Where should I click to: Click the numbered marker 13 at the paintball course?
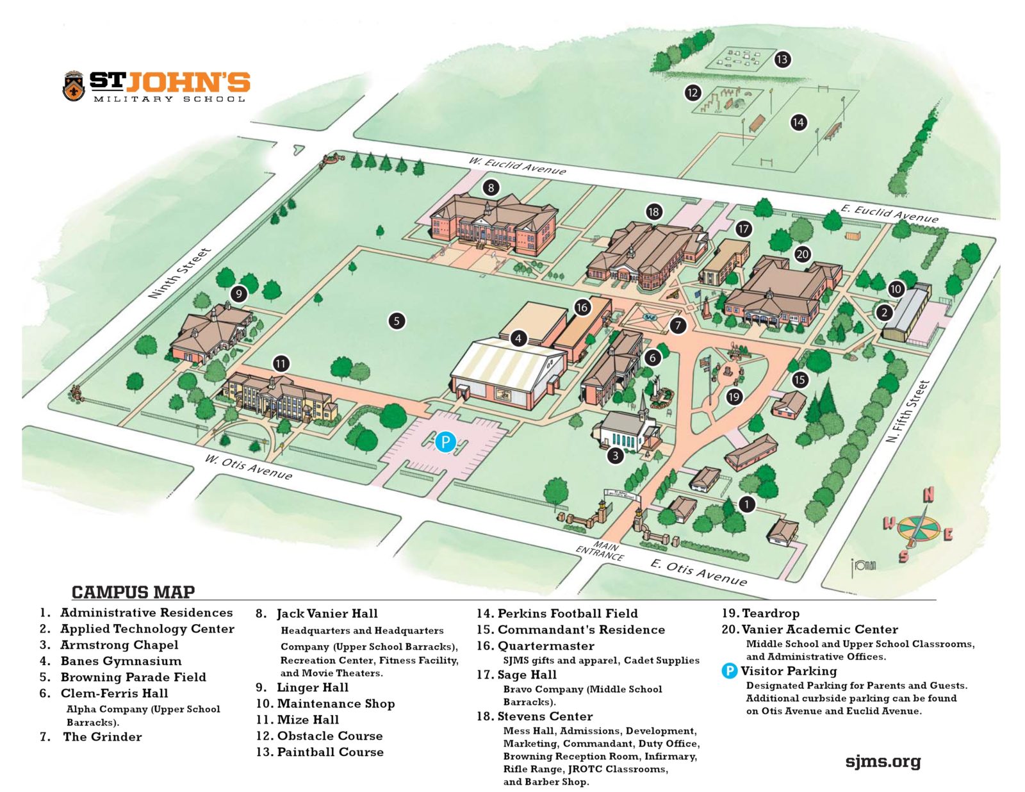pyautogui.click(x=782, y=60)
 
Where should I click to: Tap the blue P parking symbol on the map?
pyautogui.click(x=445, y=441)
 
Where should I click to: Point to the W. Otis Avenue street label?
pyautogui.click(x=249, y=467)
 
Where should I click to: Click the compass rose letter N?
pyautogui.click(x=928, y=495)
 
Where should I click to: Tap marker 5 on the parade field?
pyautogui.click(x=397, y=320)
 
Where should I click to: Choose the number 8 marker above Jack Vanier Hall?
pyautogui.click(x=491, y=188)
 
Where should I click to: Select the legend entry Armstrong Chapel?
pyautogui.click(x=119, y=645)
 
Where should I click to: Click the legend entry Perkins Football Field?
pyautogui.click(x=567, y=613)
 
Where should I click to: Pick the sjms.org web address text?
pyautogui.click(x=883, y=761)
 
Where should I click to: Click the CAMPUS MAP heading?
pyautogui.click(x=133, y=591)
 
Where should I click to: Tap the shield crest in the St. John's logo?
pyautogui.click(x=74, y=86)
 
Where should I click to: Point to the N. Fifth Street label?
pyautogui.click(x=907, y=412)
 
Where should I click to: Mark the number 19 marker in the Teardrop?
pyautogui.click(x=734, y=397)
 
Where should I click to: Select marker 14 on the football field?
pyautogui.click(x=798, y=122)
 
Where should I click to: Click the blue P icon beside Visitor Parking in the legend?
pyautogui.click(x=729, y=671)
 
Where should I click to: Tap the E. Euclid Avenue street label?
pyautogui.click(x=889, y=213)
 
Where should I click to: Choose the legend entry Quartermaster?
pyautogui.click(x=545, y=646)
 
